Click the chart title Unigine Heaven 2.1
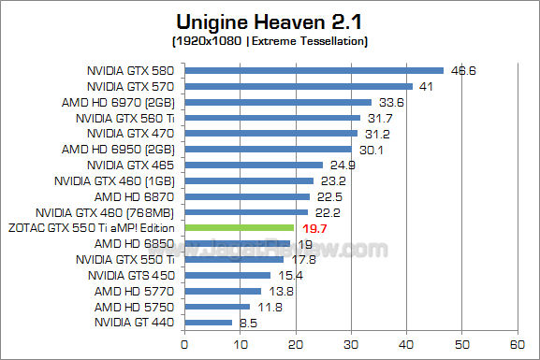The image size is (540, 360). click(x=270, y=21)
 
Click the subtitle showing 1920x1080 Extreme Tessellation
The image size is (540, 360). click(x=270, y=42)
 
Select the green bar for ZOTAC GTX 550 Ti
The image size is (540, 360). click(x=241, y=227)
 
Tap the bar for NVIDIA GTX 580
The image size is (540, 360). click(x=314, y=70)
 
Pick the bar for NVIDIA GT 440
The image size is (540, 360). click(x=210, y=323)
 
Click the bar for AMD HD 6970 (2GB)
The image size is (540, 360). click(x=279, y=101)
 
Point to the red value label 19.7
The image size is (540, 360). click(x=314, y=227)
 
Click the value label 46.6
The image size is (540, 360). click(x=462, y=70)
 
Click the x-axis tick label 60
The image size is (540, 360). click(x=517, y=342)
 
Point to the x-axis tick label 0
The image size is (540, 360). click(x=186, y=342)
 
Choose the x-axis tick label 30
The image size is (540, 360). click(x=352, y=342)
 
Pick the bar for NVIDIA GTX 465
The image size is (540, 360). click(x=255, y=165)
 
